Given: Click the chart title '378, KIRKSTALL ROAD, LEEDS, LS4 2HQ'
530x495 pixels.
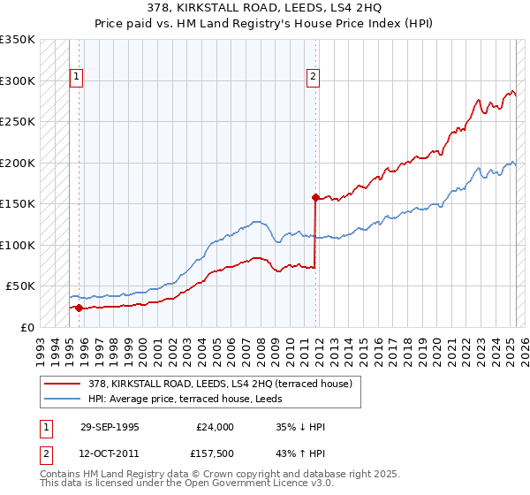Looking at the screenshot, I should pyautogui.click(x=264, y=9).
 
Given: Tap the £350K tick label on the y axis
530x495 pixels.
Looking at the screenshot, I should pyautogui.click(x=18, y=40).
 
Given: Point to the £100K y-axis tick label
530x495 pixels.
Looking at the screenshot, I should pyautogui.click(x=18, y=245).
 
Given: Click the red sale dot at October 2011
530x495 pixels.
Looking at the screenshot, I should pyautogui.click(x=315, y=198).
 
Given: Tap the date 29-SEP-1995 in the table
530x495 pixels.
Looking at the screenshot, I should pyautogui.click(x=110, y=427).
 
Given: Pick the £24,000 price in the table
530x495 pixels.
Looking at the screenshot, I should pyautogui.click(x=215, y=427).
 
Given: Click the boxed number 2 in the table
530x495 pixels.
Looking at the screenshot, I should pyautogui.click(x=44, y=453).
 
